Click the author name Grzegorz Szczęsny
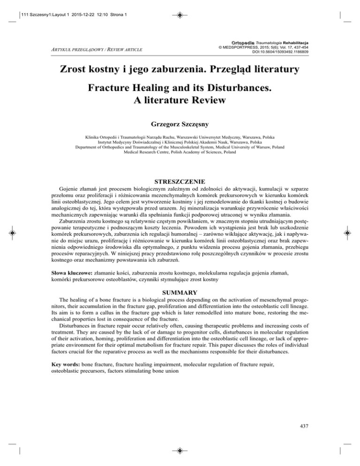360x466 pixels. pyautogui.click(x=180, y=125)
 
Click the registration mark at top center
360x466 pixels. pyautogui.click(x=180, y=15)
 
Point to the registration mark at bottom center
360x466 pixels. pyautogui.click(x=180, y=451)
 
